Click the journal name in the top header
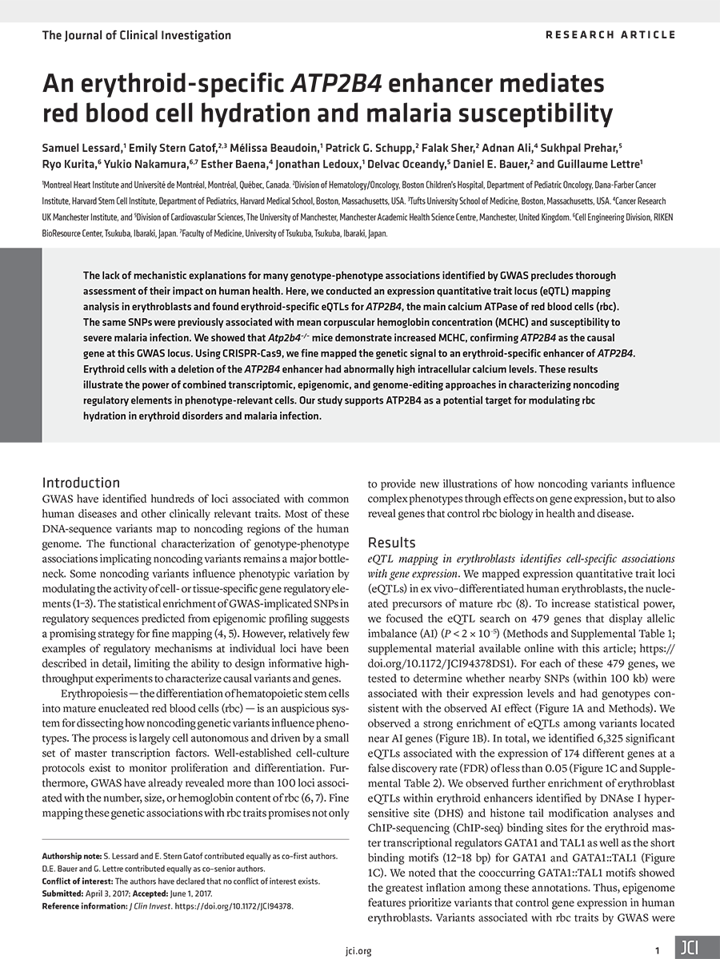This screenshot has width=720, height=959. pos(136,35)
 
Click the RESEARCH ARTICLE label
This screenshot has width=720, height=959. pos(610,34)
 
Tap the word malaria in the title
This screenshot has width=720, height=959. pos(398,112)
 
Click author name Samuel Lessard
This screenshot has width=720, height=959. pos(87,149)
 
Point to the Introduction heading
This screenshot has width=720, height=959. pos(81,482)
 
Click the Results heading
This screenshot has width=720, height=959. pos(391,543)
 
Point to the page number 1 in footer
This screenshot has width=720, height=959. pos(657,950)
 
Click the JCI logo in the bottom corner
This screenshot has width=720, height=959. pos(690,948)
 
